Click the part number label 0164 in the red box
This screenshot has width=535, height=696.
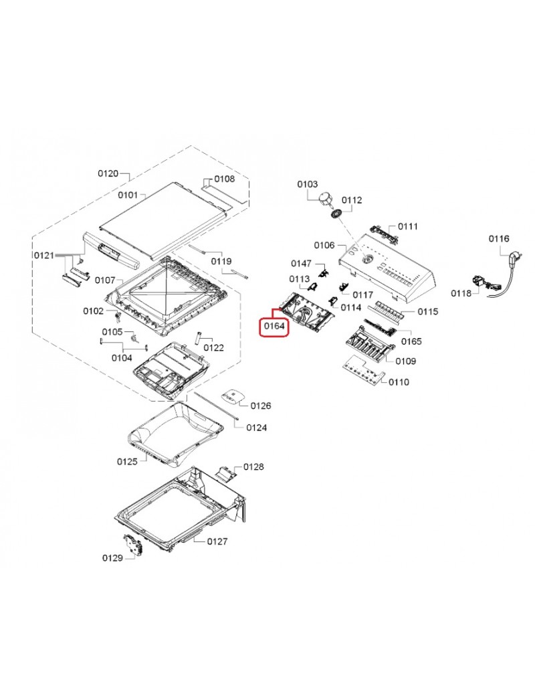pyautogui.click(x=274, y=327)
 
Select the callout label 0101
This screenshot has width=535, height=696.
pyautogui.click(x=127, y=195)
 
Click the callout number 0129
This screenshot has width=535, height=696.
pyautogui.click(x=112, y=557)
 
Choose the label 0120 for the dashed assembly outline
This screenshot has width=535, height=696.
pyautogui.click(x=108, y=174)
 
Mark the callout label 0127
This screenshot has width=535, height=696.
pyautogui.click(x=218, y=541)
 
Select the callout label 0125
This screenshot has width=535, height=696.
pyautogui.click(x=127, y=462)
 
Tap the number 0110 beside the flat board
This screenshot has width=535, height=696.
pyautogui.click(x=399, y=382)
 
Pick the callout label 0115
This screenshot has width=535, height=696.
pyautogui.click(x=428, y=312)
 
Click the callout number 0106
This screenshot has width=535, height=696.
pyautogui.click(x=324, y=246)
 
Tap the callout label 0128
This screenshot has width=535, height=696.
pyautogui.click(x=253, y=466)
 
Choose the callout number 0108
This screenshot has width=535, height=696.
pyautogui.click(x=225, y=179)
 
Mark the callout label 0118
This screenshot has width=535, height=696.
pyautogui.click(x=461, y=293)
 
